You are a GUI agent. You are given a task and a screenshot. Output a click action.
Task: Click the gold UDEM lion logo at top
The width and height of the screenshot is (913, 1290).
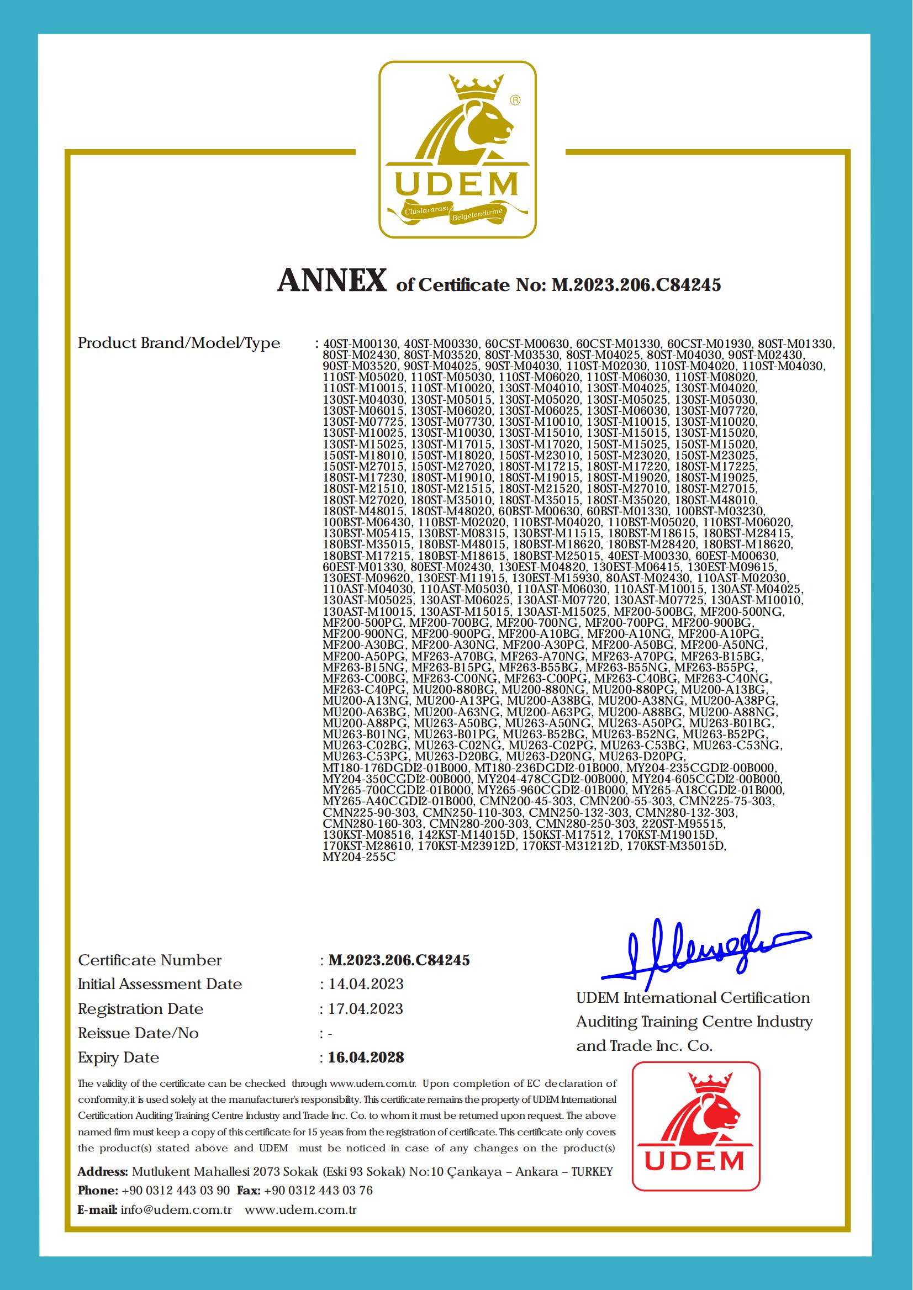[x=456, y=150]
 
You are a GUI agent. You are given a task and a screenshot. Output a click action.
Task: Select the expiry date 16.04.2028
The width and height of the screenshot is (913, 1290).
[x=366, y=1058]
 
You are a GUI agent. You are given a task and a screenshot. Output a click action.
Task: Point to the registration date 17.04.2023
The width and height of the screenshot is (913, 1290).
[x=366, y=1008]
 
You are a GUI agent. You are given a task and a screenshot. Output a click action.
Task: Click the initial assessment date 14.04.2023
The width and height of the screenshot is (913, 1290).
[x=366, y=984]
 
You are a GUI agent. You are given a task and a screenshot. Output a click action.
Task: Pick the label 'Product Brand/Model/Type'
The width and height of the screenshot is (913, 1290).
[x=179, y=343]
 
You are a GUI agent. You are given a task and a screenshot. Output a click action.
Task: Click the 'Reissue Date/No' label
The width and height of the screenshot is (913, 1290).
[x=138, y=1033]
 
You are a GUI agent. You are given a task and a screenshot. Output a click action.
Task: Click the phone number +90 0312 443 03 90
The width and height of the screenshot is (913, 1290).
[x=176, y=1190]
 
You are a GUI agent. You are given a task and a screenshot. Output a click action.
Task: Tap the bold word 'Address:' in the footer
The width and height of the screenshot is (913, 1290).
[x=103, y=1171]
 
